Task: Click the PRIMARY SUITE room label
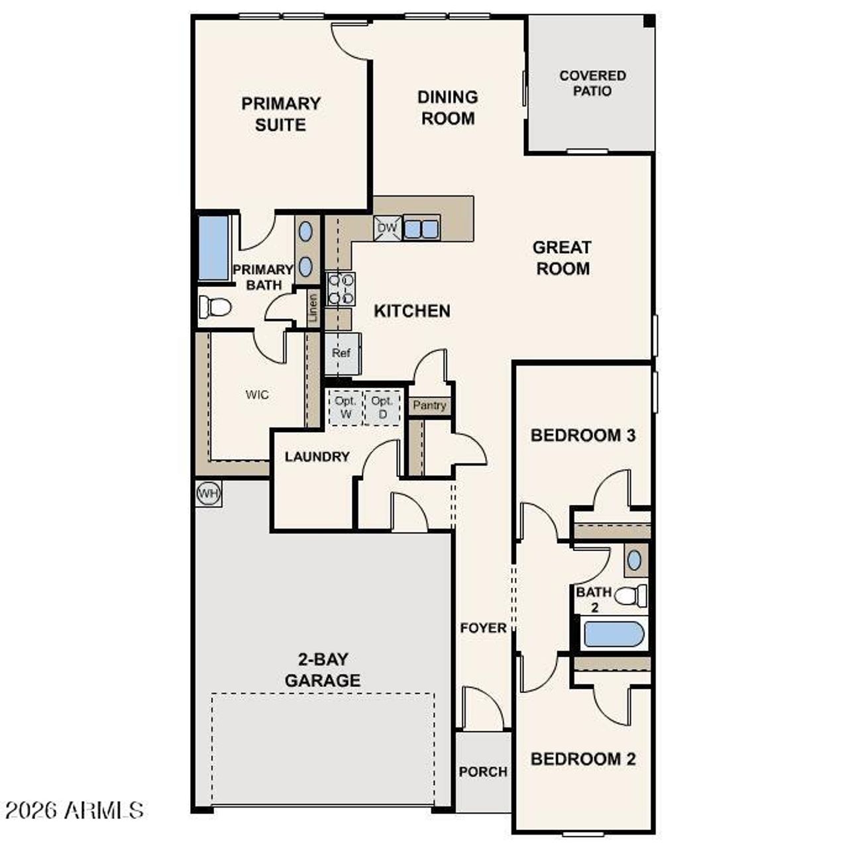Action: click(x=281, y=114)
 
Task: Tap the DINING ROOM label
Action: click(x=448, y=108)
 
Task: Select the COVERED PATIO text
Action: click(x=592, y=83)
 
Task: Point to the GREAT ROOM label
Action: click(x=562, y=258)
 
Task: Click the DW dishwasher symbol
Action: click(x=387, y=229)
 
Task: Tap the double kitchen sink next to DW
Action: click(x=421, y=229)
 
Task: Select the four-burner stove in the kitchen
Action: click(x=341, y=289)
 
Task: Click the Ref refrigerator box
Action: click(x=342, y=354)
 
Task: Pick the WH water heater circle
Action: click(x=208, y=494)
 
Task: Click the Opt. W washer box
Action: click(x=346, y=407)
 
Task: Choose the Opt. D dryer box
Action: click(x=382, y=407)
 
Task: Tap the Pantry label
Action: click(x=429, y=405)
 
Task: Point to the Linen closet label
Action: click(x=313, y=308)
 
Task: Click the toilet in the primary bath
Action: click(x=215, y=307)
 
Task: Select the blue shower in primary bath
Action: click(x=213, y=247)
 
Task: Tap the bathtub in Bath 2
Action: click(x=613, y=634)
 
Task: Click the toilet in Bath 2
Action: click(x=631, y=596)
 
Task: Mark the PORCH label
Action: click(x=483, y=772)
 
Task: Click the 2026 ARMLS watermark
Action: click(x=74, y=810)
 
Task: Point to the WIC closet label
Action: click(x=257, y=395)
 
